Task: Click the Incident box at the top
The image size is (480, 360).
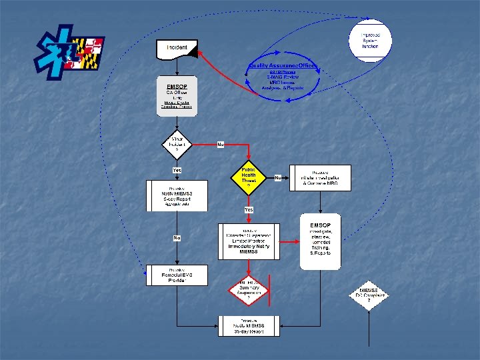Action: (177, 48)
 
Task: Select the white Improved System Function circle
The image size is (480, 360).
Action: (370, 41)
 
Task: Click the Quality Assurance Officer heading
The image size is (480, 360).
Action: (283, 66)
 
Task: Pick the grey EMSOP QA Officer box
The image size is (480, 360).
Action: (177, 99)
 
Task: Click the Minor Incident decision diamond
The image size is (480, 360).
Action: (177, 144)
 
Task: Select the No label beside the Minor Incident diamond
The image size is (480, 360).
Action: (220, 144)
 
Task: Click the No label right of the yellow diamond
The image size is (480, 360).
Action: (277, 178)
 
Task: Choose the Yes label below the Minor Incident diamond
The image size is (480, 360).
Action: (177, 170)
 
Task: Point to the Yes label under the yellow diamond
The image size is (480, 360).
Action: (248, 209)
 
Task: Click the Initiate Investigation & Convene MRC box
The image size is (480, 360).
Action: (320, 178)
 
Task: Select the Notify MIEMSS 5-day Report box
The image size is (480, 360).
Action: (177, 196)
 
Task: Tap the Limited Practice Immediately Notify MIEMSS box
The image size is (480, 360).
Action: (248, 241)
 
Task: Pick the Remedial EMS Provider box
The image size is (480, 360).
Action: (177, 275)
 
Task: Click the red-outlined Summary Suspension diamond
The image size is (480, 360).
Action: (248, 289)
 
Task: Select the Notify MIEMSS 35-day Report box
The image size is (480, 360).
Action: (248, 326)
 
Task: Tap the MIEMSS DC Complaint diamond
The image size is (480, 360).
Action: (369, 294)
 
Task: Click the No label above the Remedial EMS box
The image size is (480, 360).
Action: (177, 238)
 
